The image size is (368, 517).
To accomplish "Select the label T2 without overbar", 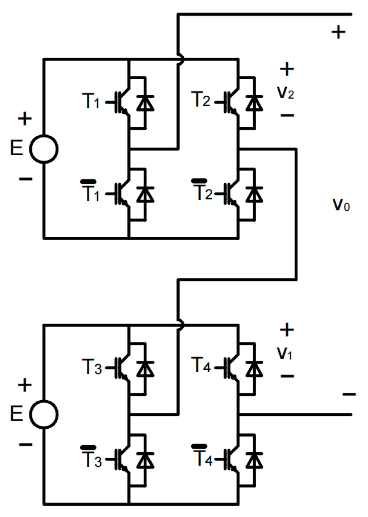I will (200, 99).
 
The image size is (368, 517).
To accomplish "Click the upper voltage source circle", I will (44, 149).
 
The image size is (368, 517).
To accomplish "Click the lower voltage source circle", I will (44, 414).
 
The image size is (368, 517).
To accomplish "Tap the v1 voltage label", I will (285, 353).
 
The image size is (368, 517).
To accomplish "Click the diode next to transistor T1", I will (146, 103).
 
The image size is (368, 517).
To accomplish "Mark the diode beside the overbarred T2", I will (254, 194).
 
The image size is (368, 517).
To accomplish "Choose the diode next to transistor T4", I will (254, 368).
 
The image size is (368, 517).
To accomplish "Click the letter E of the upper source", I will (17, 148).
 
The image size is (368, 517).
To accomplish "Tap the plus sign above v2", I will (287, 69).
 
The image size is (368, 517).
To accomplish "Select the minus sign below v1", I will (287, 376).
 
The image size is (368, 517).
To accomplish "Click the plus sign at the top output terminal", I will (338, 32).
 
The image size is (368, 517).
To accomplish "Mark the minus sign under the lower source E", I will (25, 444).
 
